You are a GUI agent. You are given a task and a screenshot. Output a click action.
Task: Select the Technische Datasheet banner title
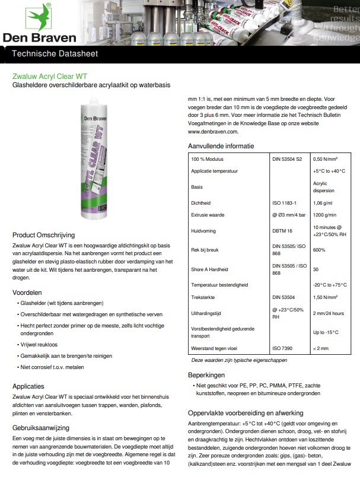pyautogui.click(x=51, y=54)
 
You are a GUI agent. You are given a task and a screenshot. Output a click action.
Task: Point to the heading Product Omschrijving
pyautogui.click(x=49, y=234)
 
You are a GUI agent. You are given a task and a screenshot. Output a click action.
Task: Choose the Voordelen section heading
pyautogui.click(x=30, y=292)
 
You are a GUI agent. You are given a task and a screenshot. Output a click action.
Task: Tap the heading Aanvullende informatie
pyautogui.click(x=221, y=145)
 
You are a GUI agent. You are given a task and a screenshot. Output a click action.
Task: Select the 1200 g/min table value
pyautogui.click(x=326, y=214)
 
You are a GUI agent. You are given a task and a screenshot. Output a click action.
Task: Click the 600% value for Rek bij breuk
pyautogui.click(x=320, y=249)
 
